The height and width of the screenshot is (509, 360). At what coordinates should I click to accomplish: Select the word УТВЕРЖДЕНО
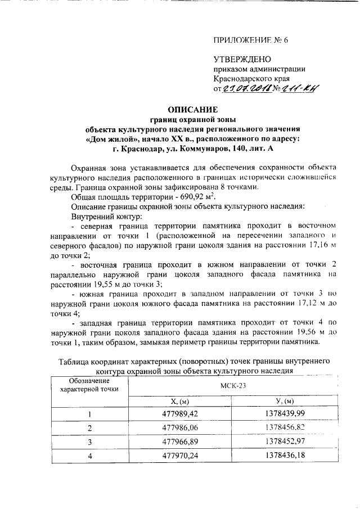tap(242, 59)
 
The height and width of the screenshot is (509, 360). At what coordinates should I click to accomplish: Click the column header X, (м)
tap(182, 401)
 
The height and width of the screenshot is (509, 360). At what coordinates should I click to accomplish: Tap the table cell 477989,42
tap(182, 415)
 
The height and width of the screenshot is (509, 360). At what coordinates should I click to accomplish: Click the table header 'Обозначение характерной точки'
tap(89, 385)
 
